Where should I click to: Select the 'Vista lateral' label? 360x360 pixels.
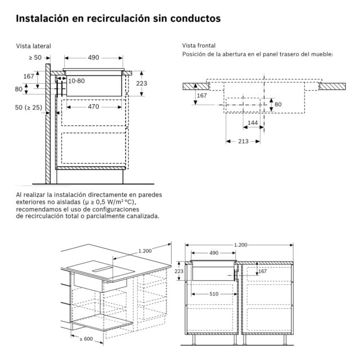33,46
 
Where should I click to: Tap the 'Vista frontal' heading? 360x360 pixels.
199,46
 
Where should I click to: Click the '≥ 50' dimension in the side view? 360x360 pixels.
35,57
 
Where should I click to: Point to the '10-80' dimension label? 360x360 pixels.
76,80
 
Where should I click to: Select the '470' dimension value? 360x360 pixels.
93,106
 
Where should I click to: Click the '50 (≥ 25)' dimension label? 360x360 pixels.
29,107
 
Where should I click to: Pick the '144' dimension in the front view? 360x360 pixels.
253,123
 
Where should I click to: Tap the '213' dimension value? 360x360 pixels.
243,141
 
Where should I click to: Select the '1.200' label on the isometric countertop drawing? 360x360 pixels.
145,251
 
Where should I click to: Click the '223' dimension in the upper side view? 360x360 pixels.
142,83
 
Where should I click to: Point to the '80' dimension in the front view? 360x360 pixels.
278,104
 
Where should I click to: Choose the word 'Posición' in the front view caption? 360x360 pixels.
194,54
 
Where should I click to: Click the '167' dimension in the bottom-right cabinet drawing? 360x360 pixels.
262,272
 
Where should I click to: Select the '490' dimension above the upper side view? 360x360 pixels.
93,57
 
